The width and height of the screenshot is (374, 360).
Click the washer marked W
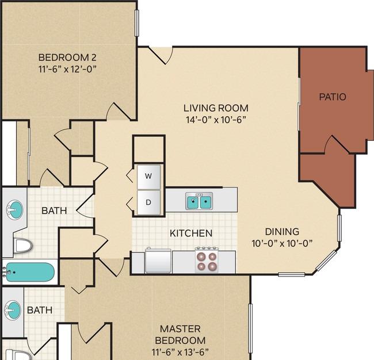point(148,177)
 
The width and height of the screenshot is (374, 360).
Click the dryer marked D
point(148,202)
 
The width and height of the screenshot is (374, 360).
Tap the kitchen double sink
point(199,201)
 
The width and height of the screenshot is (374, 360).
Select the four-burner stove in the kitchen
point(207,260)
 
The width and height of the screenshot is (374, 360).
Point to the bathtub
point(30,272)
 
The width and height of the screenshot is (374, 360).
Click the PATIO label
point(333,97)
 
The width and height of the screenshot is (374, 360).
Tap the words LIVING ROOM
point(216,108)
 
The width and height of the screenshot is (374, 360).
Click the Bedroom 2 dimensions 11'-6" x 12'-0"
point(67,69)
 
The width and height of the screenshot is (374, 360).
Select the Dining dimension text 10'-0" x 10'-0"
point(282,243)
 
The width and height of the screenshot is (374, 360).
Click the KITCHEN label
point(191,233)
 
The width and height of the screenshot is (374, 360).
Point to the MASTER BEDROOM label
point(180,335)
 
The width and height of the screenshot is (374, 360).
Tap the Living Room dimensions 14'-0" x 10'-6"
point(216,120)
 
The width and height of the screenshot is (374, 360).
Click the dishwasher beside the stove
point(158,261)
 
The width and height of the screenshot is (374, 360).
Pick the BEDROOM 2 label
point(67,58)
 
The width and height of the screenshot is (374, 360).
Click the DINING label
point(282,232)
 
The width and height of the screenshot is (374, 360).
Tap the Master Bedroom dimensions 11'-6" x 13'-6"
point(180,351)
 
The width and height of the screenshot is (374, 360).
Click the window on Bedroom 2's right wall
point(137,23)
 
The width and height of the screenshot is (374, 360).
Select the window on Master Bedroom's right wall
point(250,328)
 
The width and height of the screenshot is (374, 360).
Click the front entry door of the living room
point(161,55)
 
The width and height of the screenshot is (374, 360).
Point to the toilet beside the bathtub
point(23,246)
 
